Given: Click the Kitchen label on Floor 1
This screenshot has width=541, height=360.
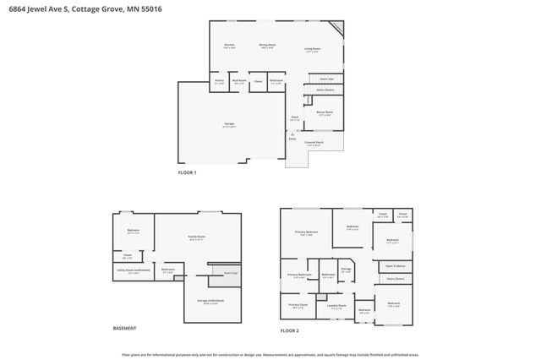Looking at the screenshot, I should tap(228, 45).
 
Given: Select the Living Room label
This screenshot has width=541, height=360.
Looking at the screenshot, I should tap(313, 49).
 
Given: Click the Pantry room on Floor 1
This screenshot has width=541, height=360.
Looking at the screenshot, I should tap(218, 82).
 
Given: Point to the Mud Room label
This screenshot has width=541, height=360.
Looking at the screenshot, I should tap(238, 82).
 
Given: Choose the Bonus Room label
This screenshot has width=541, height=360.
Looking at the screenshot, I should tap(325, 112).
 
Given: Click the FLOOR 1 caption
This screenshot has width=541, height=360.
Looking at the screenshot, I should tap(187, 172).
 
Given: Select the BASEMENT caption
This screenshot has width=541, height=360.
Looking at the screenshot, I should tap(124, 328).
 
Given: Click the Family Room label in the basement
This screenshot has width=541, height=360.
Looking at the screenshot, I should tap(197, 237).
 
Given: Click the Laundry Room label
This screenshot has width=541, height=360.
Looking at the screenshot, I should tap(336, 306).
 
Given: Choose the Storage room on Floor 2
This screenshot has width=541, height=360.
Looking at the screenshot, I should tap(346, 270).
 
